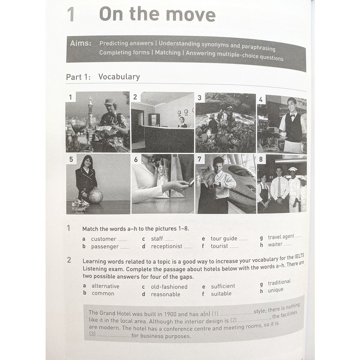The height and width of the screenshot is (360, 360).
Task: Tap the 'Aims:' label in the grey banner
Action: click(x=80, y=43)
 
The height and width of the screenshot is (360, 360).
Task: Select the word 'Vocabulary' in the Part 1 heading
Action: click(x=119, y=77)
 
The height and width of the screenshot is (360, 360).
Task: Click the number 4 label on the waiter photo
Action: click(x=261, y=100)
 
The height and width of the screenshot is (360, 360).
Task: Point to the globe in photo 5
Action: click(x=96, y=196)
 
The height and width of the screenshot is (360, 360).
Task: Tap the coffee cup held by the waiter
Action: click(x=283, y=134)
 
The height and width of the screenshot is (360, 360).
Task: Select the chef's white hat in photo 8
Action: click(x=292, y=170)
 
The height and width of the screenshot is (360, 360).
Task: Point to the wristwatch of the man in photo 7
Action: click(x=219, y=184)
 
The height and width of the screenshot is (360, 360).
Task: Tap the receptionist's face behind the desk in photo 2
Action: click(x=182, y=120)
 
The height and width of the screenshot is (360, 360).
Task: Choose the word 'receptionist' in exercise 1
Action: click(x=166, y=246)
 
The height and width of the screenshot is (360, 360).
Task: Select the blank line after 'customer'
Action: click(x=123, y=240)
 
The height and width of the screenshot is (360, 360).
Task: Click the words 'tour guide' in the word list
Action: click(x=224, y=239)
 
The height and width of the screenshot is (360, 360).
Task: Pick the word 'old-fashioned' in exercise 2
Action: click(x=169, y=287)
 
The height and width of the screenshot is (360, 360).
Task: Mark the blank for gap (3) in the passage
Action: click(x=114, y=336)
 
